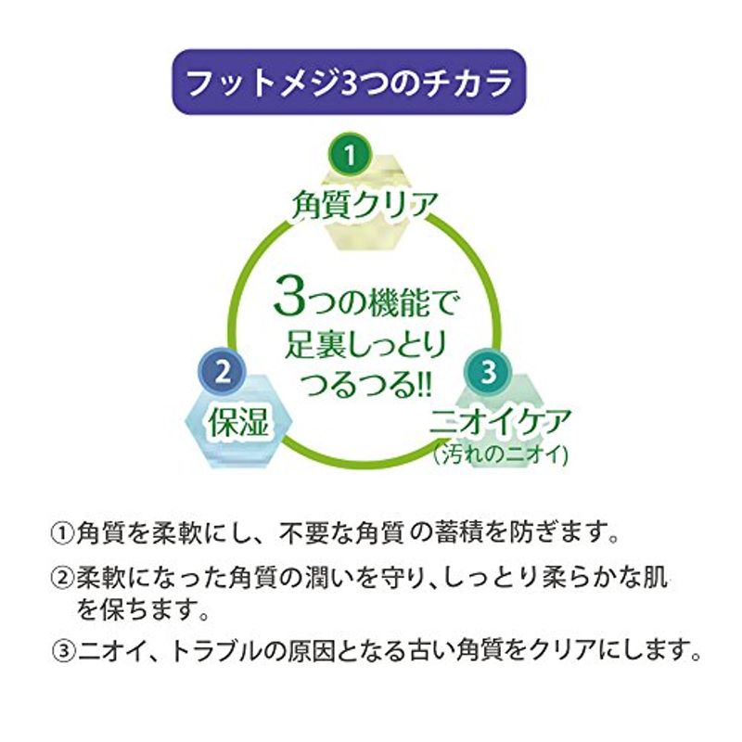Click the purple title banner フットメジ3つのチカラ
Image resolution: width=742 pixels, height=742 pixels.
(x=349, y=82)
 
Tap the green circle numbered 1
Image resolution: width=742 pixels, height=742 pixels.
(x=350, y=154)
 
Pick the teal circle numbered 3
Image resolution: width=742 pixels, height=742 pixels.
(x=489, y=372)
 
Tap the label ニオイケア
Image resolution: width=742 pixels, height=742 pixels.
(x=500, y=421)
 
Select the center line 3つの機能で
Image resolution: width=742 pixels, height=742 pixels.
(x=365, y=300)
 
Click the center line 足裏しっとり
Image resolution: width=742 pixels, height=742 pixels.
(x=365, y=345)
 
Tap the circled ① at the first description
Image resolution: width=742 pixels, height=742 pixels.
(x=62, y=534)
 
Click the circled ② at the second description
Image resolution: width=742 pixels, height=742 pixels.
(x=62, y=578)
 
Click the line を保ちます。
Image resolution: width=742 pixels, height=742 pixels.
(x=144, y=609)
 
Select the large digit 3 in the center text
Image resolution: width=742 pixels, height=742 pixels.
(x=288, y=297)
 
